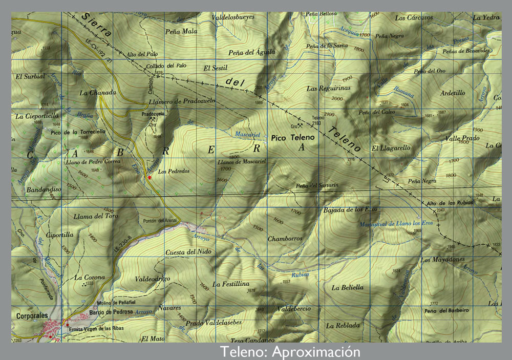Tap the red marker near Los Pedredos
coord(150,177)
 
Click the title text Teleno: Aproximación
coord(290,352)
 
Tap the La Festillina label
coord(231,284)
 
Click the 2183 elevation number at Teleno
coord(316,123)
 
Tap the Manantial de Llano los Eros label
coord(403,224)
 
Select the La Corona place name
coord(90,278)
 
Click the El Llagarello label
coord(391,148)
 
